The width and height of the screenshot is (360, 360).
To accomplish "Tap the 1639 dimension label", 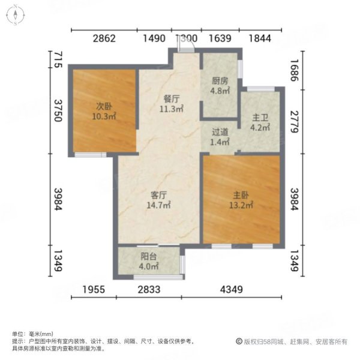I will point(220,39).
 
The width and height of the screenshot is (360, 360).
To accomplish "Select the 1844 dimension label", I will point(260,39).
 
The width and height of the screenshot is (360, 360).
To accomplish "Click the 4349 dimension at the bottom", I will point(230,290).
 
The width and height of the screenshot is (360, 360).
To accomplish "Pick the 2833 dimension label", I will point(148,290).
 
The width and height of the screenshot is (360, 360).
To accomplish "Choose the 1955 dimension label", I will point(94,290).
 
